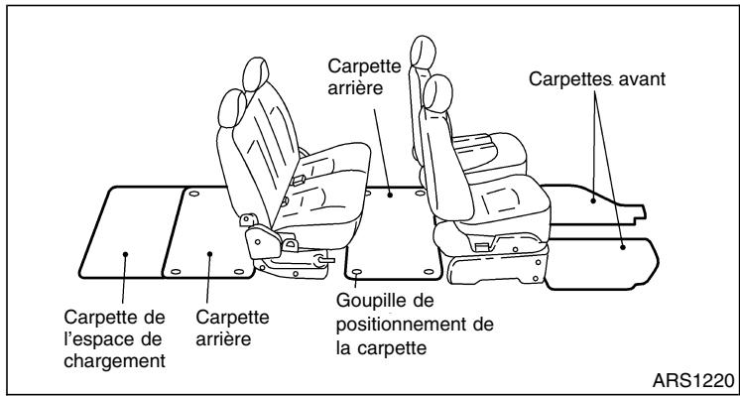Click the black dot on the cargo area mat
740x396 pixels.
pos(127,254)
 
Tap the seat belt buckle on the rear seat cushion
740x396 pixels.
pos(297,179)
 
